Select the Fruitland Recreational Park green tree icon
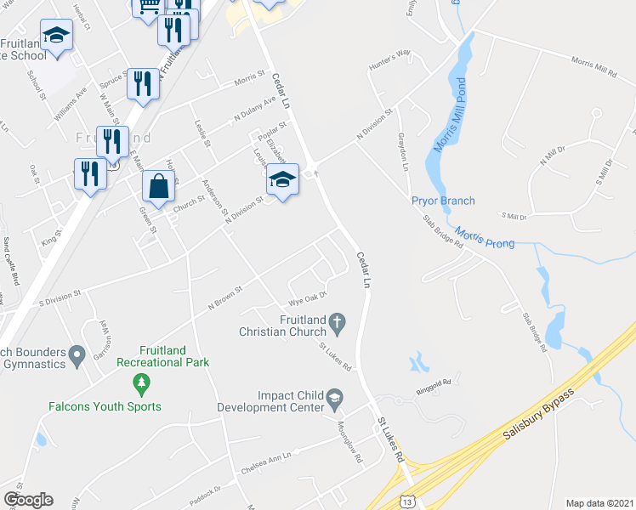(x=141, y=385)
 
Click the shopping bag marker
(x=158, y=186)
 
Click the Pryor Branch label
(x=443, y=201)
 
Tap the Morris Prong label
(x=485, y=237)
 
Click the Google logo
(x=28, y=500)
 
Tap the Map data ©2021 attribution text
(x=599, y=503)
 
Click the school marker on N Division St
(x=282, y=178)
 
